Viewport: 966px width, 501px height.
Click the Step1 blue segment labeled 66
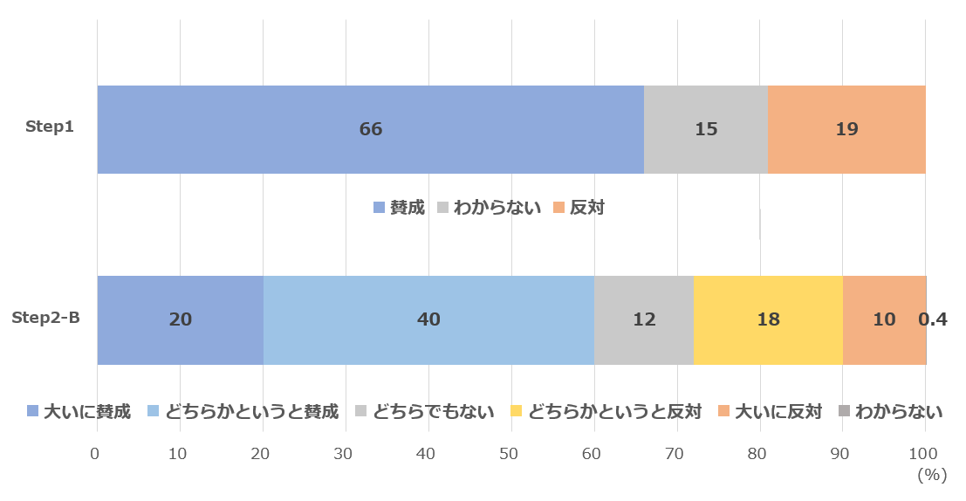click(x=370, y=129)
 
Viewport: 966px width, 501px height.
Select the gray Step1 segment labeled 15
click(x=705, y=129)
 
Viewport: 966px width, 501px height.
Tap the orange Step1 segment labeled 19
click(x=846, y=129)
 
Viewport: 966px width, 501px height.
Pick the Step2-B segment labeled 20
click(x=180, y=319)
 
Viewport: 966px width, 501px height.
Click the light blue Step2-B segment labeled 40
click(x=428, y=319)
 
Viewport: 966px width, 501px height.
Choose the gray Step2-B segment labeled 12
click(x=643, y=319)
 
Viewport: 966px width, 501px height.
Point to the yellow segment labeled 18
click(x=768, y=319)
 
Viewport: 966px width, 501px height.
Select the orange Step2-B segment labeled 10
click(x=883, y=319)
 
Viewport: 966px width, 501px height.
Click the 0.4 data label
click(x=933, y=319)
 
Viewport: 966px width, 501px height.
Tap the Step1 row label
click(x=50, y=127)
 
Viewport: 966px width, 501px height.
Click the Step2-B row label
click(x=45, y=317)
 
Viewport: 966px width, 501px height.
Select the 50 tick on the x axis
click(x=509, y=454)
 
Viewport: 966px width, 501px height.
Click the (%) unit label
click(x=932, y=475)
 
